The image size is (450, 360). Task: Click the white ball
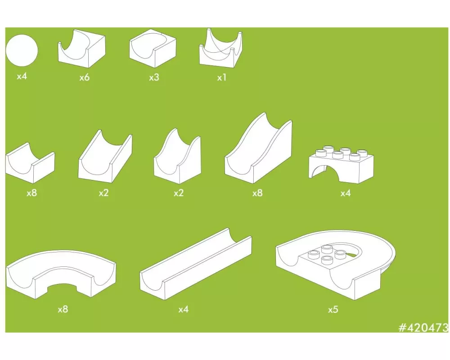(x=22, y=50)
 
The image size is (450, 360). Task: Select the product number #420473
(x=423, y=327)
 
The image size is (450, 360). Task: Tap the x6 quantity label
(x=85, y=77)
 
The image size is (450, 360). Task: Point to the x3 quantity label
(x=154, y=77)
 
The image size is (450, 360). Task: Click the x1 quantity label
(x=222, y=77)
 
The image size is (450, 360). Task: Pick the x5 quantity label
(x=333, y=310)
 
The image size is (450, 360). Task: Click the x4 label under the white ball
(x=22, y=76)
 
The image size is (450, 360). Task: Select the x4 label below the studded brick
(x=346, y=193)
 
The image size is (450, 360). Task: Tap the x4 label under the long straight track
(x=184, y=309)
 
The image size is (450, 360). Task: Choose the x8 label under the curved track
(x=63, y=309)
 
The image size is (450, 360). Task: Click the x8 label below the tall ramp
(x=257, y=193)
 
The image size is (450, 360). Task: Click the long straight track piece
(x=196, y=264)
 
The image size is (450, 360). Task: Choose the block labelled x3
(x=153, y=48)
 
